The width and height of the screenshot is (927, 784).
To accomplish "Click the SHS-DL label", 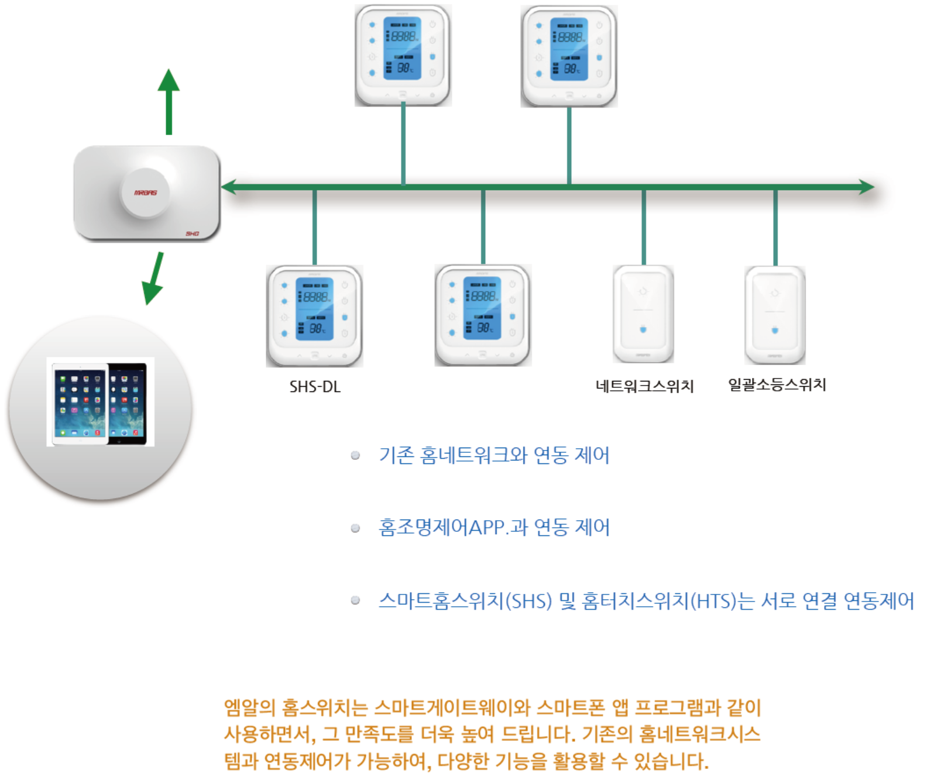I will pos(315,387).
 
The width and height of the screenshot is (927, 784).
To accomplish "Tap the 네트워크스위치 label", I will pos(644,386).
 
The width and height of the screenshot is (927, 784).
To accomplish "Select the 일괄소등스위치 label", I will pos(777,384).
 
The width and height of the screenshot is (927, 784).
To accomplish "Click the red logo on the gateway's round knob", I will pos(145,192).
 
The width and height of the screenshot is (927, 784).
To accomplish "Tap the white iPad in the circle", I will pos(80,402).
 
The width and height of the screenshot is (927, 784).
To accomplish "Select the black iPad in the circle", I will pos(128,402).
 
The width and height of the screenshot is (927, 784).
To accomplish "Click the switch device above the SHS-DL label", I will pos(315,316).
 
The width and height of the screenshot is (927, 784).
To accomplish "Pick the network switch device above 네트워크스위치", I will pos(643,314).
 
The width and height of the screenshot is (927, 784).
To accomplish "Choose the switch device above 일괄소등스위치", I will pos(775,315).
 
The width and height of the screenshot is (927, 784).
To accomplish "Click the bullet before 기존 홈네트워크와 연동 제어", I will pos(355,456).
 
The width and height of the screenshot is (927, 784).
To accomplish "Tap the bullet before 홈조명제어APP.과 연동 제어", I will pos(355,528).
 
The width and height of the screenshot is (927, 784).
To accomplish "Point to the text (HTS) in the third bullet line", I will pos(713,601).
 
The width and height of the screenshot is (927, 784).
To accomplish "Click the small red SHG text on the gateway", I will pos(193,233).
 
